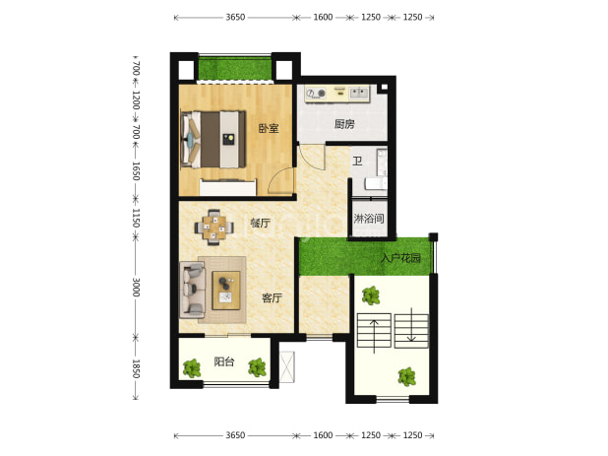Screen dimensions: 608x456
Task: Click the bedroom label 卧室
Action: (269, 128)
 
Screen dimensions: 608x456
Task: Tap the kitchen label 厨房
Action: (344, 124)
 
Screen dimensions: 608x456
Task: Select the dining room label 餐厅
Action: (260, 224)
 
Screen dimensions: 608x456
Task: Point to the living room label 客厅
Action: (272, 298)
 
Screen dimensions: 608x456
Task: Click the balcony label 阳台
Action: (224, 361)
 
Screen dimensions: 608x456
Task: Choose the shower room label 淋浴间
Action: (369, 219)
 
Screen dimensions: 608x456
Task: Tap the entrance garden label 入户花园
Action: (401, 258)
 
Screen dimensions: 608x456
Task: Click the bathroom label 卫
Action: (357, 161)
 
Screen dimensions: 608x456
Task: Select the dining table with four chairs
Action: (214, 228)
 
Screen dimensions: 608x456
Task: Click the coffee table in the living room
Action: (226, 291)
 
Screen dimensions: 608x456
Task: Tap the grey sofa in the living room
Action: (192, 290)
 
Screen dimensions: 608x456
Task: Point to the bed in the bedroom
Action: (213, 139)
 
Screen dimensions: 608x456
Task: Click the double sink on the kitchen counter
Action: (359, 93)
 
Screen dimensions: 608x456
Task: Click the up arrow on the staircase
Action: (374, 336)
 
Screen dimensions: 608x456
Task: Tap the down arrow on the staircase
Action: (411, 325)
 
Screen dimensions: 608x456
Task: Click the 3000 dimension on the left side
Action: (136, 287)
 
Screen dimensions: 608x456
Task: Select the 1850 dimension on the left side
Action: (136, 368)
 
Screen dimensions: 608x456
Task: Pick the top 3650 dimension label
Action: (235, 17)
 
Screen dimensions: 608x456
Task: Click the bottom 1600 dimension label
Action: (323, 435)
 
